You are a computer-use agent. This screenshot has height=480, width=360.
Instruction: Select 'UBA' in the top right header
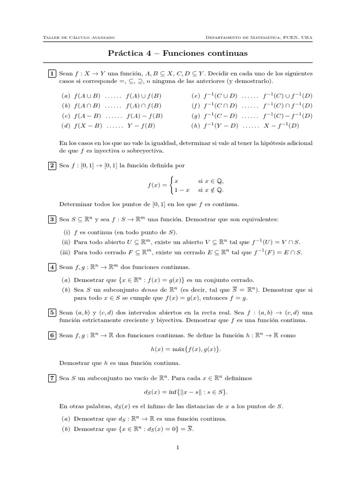coord(307,37)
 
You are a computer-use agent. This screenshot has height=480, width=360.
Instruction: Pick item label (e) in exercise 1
coord(195,96)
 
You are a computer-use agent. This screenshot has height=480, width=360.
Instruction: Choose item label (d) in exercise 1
coord(66,126)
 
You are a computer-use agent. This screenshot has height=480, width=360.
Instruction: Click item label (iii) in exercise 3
coord(66,252)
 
